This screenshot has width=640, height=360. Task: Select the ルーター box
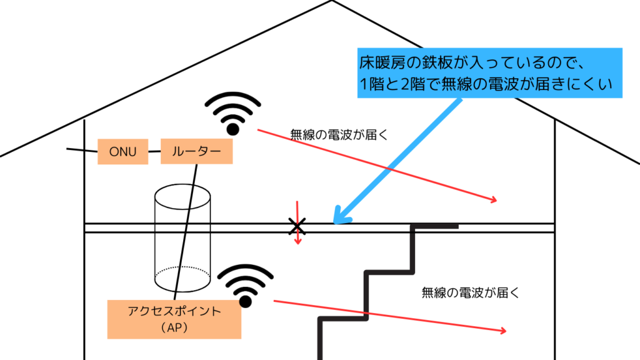click(x=197, y=151)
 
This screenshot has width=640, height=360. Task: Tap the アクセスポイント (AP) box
click(x=174, y=319)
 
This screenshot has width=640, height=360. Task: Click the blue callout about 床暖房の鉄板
click(x=490, y=73)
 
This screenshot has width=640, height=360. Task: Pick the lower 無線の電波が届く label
click(x=471, y=291)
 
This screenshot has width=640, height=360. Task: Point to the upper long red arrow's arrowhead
click(x=496, y=201)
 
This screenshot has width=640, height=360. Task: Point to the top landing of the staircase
click(x=436, y=226)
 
